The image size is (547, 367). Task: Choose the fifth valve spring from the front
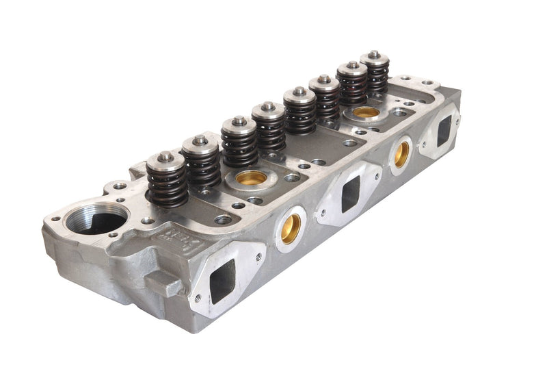[299, 116]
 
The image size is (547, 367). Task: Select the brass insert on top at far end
[366, 112]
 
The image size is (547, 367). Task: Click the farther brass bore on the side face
[401, 154]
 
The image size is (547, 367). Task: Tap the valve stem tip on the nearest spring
[166, 156]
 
